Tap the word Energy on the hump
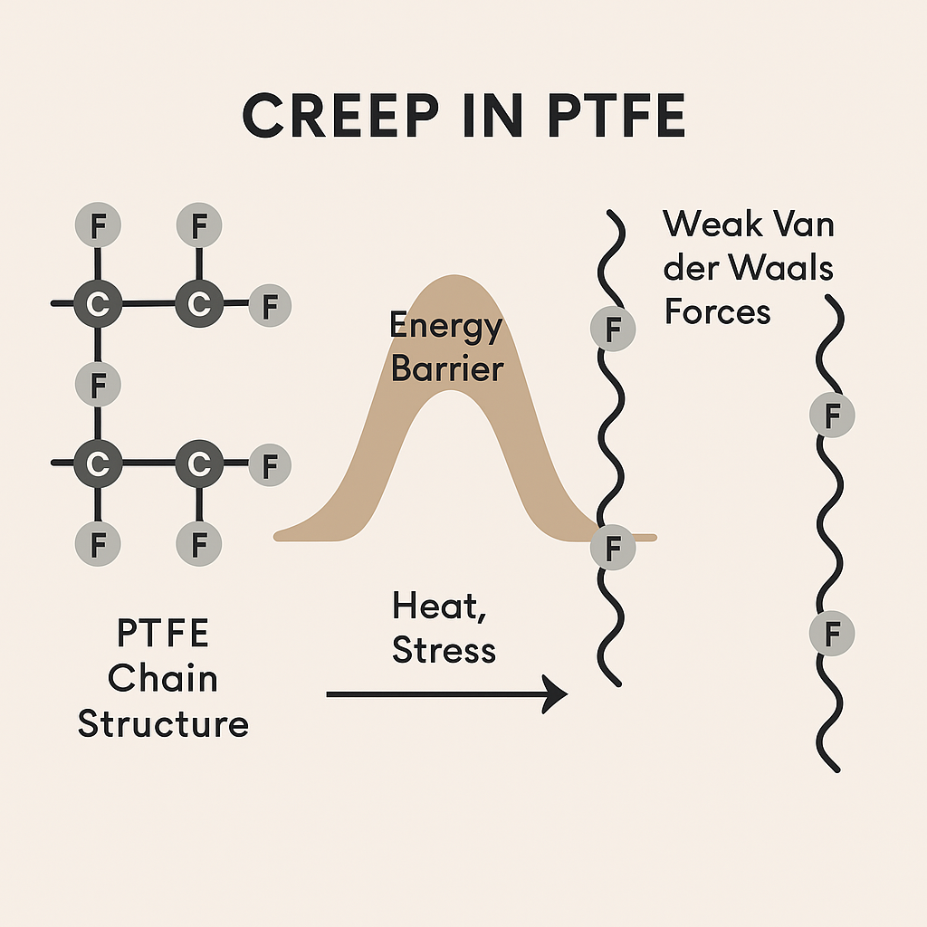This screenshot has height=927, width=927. [445, 325]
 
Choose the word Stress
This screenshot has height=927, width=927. [444, 650]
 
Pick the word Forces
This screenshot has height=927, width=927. [718, 311]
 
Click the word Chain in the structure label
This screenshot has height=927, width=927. [163, 678]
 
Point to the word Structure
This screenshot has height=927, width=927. [163, 723]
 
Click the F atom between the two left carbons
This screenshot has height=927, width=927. [99, 384]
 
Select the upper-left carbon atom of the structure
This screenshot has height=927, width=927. [98, 304]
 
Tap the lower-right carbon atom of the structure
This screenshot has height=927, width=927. [198, 463]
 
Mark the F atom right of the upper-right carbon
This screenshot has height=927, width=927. [269, 306]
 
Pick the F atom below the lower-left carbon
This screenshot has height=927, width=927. [99, 544]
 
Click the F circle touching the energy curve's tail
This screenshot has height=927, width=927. [613, 547]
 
